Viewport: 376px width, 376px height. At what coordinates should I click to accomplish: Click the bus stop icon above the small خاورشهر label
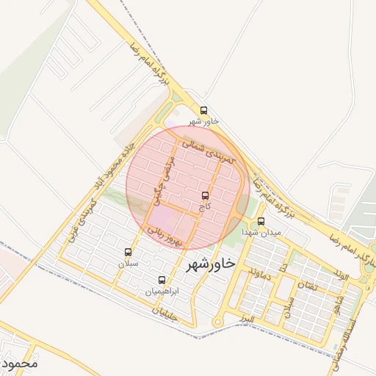203,111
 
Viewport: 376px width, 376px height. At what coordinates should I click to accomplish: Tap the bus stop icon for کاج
205,195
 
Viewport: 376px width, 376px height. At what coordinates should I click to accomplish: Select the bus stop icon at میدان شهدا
261,222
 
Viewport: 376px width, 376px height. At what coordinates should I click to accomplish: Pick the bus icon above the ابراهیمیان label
162,280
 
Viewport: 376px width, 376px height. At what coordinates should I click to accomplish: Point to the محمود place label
19,363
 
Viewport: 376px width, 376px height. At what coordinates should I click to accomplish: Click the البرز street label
247,319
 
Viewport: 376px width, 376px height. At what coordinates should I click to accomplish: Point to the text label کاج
205,207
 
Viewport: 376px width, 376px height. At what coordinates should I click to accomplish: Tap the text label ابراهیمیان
161,292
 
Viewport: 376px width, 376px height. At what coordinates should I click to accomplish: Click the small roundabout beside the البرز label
217,322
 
